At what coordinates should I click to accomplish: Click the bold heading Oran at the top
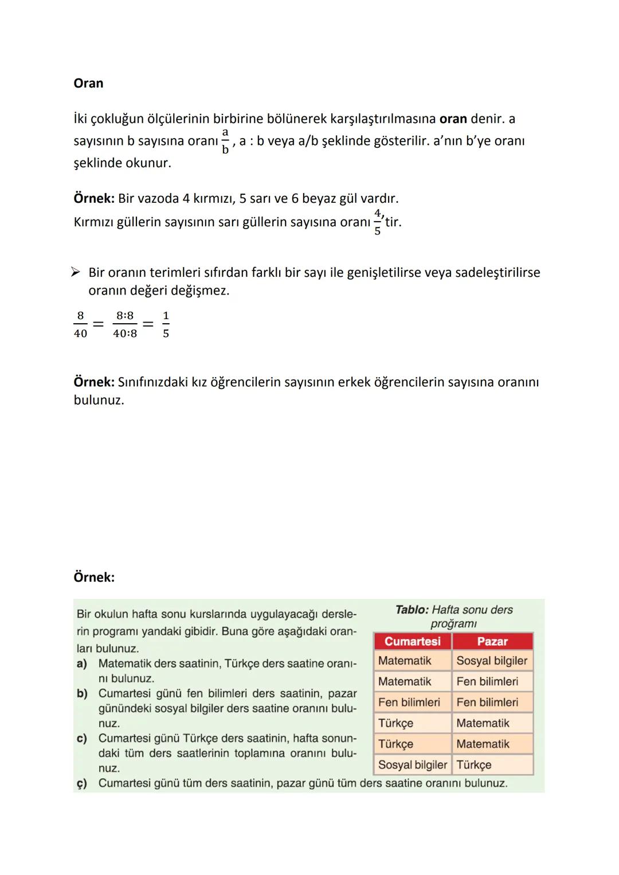(x=88, y=83)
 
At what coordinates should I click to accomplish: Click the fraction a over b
(x=225, y=141)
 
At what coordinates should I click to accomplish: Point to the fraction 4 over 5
(x=377, y=222)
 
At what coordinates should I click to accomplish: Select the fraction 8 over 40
(x=80, y=324)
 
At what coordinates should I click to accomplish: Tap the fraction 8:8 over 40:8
(x=125, y=324)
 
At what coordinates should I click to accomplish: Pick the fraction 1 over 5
(x=166, y=324)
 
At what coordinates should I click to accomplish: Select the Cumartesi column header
(x=412, y=641)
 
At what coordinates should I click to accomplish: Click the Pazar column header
(x=492, y=641)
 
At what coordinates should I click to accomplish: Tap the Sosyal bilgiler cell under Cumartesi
(x=412, y=765)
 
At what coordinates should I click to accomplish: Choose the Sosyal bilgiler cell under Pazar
(x=492, y=661)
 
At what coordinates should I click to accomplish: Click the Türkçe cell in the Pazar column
(x=474, y=765)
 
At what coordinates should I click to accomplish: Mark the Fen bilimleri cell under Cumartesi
(x=409, y=703)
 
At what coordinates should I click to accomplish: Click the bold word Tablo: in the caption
(x=412, y=610)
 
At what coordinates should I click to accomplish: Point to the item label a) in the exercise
(x=82, y=664)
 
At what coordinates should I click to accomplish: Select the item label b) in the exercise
(x=82, y=693)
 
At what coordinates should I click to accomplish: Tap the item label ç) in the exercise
(x=82, y=783)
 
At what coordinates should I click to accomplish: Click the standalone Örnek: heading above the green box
(x=94, y=577)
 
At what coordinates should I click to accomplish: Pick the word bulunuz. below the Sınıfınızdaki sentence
(x=99, y=400)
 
